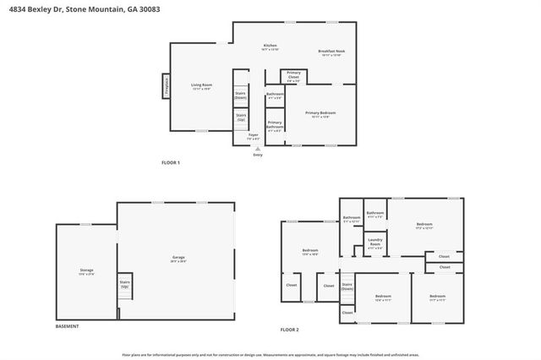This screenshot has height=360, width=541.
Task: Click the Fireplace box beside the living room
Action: pos(166,85)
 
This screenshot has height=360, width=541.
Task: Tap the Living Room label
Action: pos(200,86)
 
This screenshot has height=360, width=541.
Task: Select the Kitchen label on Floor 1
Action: pos(270,46)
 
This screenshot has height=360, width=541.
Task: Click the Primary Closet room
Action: pos(293,77)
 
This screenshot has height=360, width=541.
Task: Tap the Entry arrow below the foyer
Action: pos(258,150)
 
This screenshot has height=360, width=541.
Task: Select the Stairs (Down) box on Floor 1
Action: pos(241,95)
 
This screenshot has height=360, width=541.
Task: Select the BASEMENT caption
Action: pos(68,326)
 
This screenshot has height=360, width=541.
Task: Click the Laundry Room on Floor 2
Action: pos(375,246)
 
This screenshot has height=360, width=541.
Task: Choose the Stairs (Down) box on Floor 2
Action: pos(347,286)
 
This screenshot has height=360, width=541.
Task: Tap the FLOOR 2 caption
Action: pos(290,329)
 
